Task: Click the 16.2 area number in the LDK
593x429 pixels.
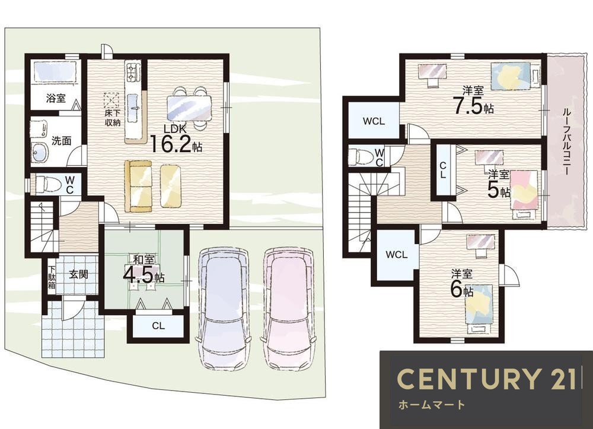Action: pos(171,143)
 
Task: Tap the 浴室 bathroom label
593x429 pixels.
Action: pos(56,99)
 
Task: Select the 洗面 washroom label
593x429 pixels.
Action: pos(61,141)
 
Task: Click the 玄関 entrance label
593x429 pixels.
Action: pos(79,274)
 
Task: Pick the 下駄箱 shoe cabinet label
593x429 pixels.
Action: pos(52,277)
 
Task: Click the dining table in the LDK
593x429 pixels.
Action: pos(189,108)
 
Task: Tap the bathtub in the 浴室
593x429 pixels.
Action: pos(55,72)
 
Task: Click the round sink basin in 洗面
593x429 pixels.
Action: pos(40,153)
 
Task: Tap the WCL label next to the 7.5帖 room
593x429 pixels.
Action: pos(374,122)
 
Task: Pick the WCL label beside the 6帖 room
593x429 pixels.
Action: pos(396,255)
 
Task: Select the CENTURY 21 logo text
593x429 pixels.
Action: pos(486,378)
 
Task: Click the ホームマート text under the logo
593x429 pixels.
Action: pos(431,405)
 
